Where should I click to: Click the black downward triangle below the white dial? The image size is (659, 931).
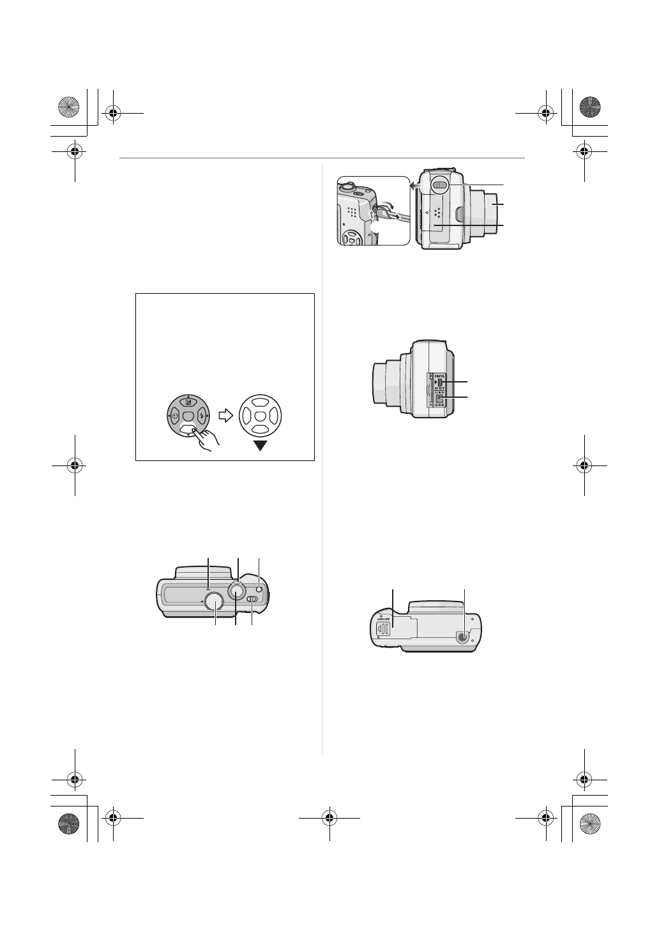pyautogui.click(x=259, y=446)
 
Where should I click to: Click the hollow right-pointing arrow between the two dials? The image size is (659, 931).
pyautogui.click(x=225, y=416)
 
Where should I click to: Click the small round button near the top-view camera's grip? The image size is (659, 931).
pyautogui.click(x=259, y=588)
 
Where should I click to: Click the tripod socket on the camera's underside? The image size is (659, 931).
pyautogui.click(x=464, y=636)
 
